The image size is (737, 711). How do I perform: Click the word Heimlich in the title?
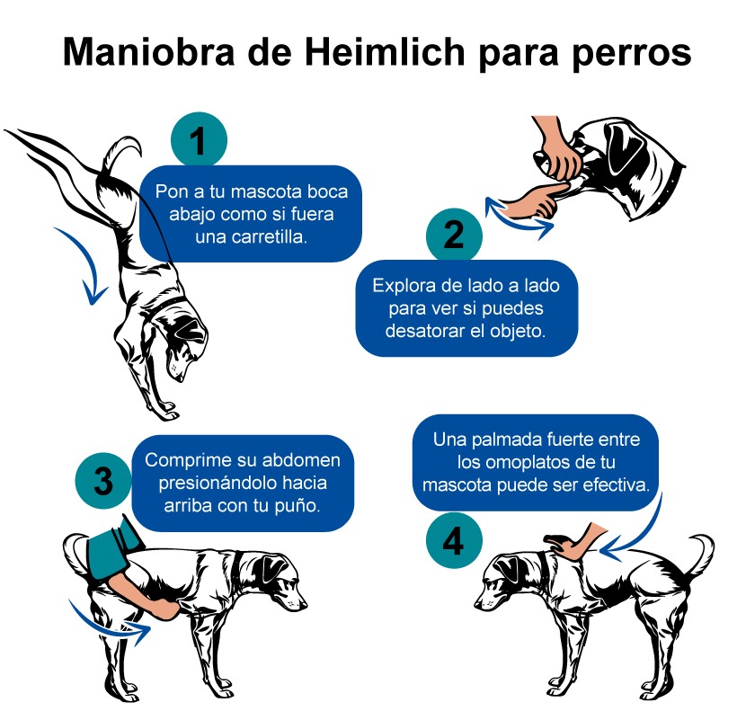[385, 51]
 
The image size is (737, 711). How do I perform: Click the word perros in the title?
[632, 54]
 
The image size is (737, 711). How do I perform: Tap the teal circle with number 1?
[199, 140]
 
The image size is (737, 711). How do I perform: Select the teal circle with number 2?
[454, 235]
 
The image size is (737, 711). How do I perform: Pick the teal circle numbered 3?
[103, 481]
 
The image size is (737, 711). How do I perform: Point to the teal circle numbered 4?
[454, 541]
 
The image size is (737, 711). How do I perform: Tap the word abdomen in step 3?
[301, 460]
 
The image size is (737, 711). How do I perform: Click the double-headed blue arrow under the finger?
[517, 218]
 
